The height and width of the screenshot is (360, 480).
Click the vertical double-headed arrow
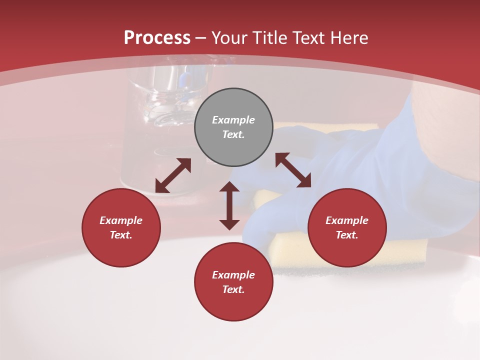click(229, 205)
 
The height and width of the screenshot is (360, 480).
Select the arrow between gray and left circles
click(173, 175)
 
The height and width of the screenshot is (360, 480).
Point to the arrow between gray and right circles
click(293, 170)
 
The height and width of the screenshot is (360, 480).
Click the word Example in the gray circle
click(233, 120)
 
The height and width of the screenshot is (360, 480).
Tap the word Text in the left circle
click(120, 235)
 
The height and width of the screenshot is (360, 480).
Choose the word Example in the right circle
click(347, 220)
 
